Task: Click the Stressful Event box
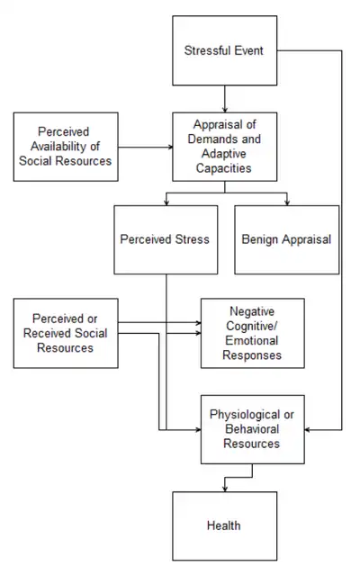coord(223,49)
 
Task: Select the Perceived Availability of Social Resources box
coord(65,146)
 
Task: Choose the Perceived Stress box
coord(165,239)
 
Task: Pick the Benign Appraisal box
coord(286,239)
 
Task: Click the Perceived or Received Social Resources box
coord(65,333)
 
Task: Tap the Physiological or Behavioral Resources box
coord(252,428)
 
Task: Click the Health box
coord(223,525)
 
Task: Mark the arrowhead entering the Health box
coord(223,488)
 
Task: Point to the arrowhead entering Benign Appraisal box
coord(286,202)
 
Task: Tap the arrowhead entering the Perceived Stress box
coord(165,202)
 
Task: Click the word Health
coord(223,525)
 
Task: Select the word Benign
coord(260,239)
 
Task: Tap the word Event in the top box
coord(247,49)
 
